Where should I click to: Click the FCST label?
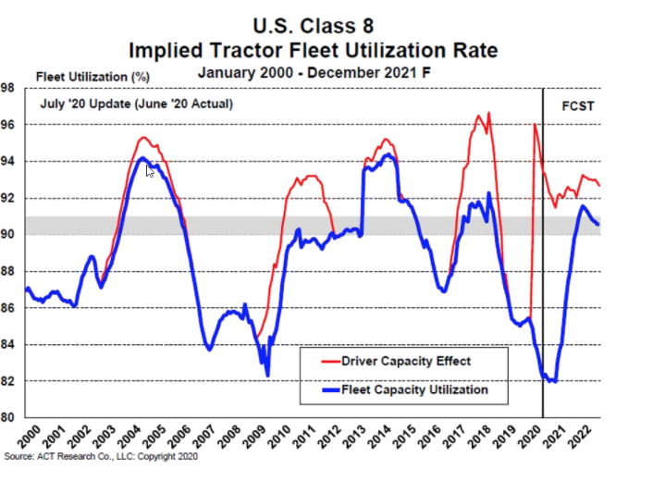(578, 104)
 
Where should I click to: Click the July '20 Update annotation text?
(134, 104)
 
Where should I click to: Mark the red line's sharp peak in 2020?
(535, 124)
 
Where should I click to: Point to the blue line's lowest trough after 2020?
(553, 381)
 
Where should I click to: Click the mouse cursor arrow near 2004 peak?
(150, 170)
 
